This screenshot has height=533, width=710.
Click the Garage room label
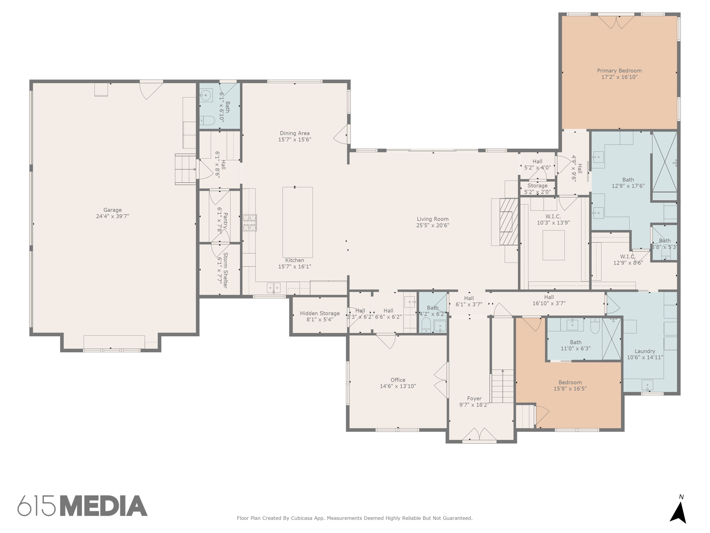point(112,210)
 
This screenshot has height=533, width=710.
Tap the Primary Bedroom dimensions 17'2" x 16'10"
point(619,77)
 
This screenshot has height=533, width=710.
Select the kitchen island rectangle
point(297,222)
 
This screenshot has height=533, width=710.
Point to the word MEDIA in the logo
point(104,506)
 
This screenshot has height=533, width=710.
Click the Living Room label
point(432,219)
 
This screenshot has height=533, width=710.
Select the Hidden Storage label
point(320,313)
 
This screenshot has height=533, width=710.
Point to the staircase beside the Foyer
point(502,386)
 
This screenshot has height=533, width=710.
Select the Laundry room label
point(645,351)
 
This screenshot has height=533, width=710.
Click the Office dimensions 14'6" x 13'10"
point(398,386)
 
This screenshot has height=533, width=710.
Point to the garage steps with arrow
point(185,169)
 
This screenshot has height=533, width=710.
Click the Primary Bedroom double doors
point(616,22)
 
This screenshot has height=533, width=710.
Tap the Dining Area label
point(295,133)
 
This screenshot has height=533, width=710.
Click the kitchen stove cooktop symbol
point(249,223)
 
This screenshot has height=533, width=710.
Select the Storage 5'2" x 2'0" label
point(537,189)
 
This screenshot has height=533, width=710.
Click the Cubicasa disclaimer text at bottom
point(354,518)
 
